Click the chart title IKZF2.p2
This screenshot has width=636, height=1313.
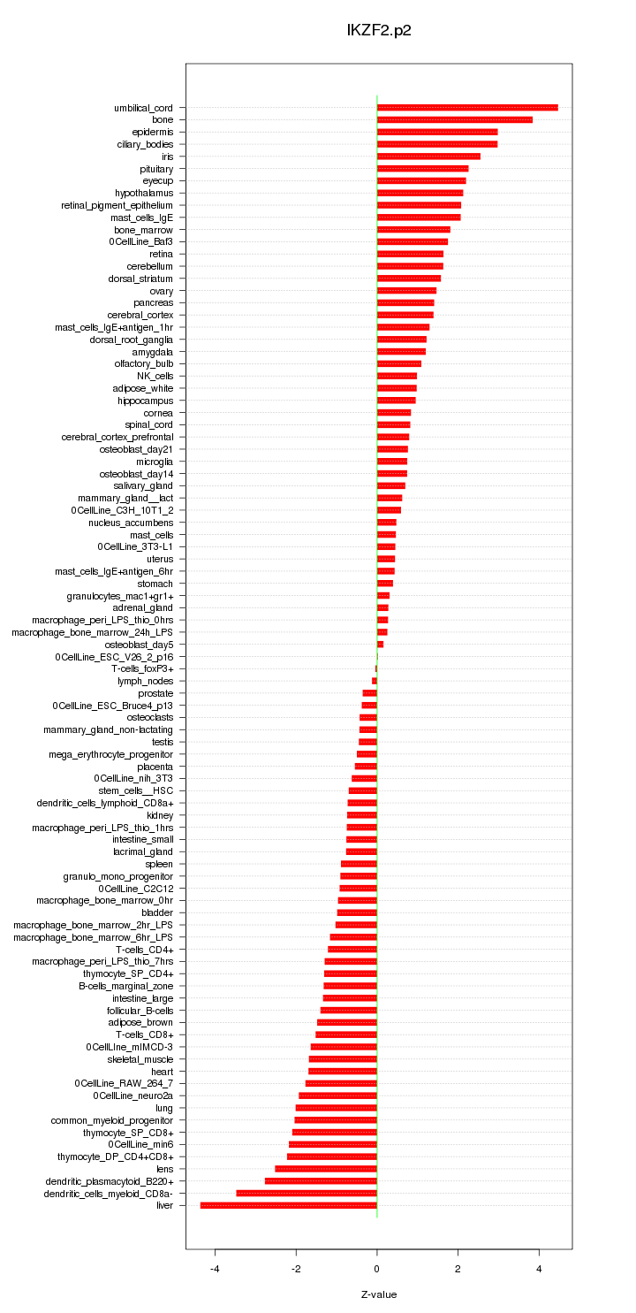pyautogui.click(x=379, y=30)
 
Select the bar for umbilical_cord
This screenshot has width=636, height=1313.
pyautogui.click(x=467, y=108)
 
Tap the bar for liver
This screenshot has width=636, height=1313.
pyautogui.click(x=289, y=1205)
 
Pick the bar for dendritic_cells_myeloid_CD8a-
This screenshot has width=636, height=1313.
pyautogui.click(x=307, y=1193)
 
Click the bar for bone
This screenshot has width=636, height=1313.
pyautogui.click(x=455, y=119)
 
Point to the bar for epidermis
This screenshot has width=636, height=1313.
pyautogui.click(x=437, y=132)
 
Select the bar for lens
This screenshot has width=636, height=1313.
pyautogui.click(x=326, y=1169)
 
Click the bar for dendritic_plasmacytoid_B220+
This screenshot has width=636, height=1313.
pyautogui.click(x=321, y=1181)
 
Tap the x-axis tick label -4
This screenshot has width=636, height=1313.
pyautogui.click(x=215, y=1269)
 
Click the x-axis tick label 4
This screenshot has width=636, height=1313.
pyautogui.click(x=540, y=1269)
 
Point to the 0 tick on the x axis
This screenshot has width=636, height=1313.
pyautogui.click(x=377, y=1269)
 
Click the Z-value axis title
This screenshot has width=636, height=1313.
pyautogui.click(x=379, y=1294)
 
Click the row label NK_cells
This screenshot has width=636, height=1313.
pyautogui.click(x=155, y=376)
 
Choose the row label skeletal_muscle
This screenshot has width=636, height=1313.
pyautogui.click(x=140, y=1059)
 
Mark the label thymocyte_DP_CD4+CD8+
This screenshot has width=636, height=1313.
pyautogui.click(x=116, y=1157)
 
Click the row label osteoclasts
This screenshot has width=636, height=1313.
pyautogui.click(x=150, y=718)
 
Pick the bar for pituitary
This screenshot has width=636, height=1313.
pyautogui.click(x=422, y=168)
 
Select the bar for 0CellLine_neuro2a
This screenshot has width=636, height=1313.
pyautogui.click(x=338, y=1095)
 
